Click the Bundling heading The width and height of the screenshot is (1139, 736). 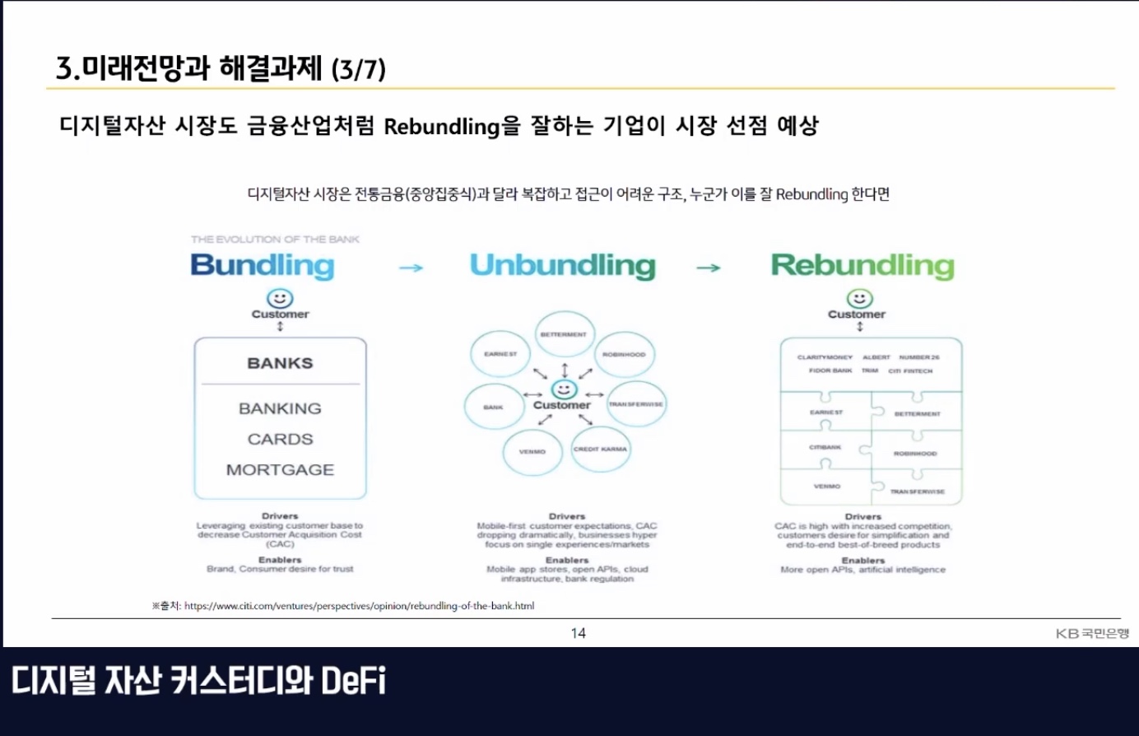click(x=262, y=266)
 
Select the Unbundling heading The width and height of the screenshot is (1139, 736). click(x=563, y=266)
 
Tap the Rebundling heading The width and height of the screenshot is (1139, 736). click(x=862, y=266)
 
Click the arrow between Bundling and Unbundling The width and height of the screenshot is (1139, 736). click(x=411, y=268)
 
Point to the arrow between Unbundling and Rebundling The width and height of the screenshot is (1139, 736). click(x=708, y=268)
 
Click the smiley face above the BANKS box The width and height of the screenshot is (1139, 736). click(x=280, y=298)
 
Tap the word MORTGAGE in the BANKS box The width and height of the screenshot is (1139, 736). click(x=280, y=469)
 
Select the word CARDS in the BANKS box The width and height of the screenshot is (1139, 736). click(x=280, y=439)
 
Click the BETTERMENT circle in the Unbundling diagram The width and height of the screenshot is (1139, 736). click(x=564, y=334)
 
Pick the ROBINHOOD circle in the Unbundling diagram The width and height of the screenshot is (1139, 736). click(x=624, y=355)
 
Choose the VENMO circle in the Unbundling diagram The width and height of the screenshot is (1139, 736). click(x=532, y=451)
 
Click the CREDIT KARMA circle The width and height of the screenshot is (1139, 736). click(x=600, y=450)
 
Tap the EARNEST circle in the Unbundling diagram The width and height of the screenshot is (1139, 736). click(x=500, y=354)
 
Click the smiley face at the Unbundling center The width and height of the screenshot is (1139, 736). click(x=564, y=389)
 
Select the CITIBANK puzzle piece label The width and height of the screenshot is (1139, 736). click(x=825, y=447)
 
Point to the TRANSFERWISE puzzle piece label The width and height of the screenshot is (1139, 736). click(x=917, y=491)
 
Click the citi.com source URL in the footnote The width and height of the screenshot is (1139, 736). click(x=359, y=606)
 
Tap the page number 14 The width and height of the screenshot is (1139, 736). click(x=578, y=633)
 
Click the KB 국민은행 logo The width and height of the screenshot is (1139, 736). click(x=1092, y=633)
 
